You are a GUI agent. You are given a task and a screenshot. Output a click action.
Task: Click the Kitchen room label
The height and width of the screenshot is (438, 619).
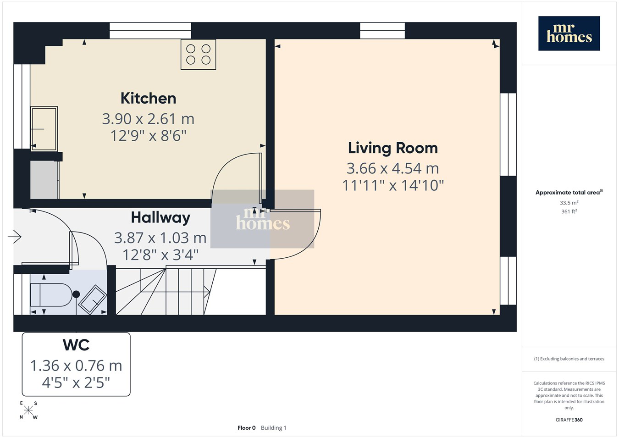point(149,98)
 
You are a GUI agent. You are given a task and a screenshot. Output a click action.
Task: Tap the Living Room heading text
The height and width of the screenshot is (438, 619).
point(393,148)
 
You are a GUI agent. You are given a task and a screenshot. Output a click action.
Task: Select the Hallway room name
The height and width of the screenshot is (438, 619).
point(160,218)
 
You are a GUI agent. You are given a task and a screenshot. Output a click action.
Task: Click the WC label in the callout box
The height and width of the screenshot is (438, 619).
point(76,345)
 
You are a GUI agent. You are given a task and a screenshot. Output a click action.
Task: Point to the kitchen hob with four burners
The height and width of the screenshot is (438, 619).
point(198,55)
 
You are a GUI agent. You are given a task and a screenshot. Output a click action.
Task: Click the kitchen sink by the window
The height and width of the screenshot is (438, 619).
point(44,129)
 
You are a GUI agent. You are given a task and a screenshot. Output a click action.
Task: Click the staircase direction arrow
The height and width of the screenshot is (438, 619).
point(207,291)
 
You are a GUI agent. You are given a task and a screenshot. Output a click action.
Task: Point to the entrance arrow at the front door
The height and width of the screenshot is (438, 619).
point(15,237)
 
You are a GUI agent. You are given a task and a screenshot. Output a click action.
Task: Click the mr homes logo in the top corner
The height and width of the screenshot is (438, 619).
point(569,33)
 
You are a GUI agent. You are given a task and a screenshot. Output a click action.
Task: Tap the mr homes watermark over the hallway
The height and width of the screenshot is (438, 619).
point(262,219)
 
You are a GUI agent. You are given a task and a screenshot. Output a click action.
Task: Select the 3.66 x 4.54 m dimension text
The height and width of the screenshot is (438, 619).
point(392,168)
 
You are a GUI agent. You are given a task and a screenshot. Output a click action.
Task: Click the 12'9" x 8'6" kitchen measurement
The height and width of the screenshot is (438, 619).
point(149,136)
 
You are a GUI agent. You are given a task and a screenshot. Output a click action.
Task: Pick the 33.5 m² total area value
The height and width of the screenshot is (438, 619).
point(569,203)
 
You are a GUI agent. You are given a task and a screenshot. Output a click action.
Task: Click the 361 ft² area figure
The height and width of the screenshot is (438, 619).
point(569,211)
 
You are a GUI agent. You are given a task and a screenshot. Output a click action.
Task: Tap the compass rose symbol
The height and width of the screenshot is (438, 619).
point(28,410)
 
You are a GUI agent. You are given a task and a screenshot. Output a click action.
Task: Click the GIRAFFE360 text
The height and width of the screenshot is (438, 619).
point(569,420)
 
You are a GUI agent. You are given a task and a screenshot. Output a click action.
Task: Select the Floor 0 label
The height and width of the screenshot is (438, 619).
point(247,428)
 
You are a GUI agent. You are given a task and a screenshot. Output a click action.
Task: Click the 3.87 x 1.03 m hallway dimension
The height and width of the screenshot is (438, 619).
point(160,238)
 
